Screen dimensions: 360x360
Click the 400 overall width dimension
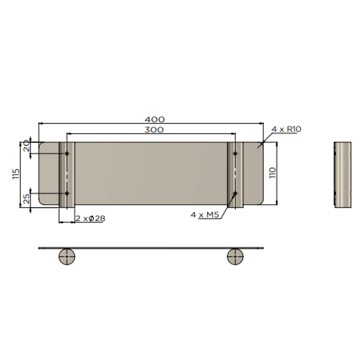click(x=154, y=119)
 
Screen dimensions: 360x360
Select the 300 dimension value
click(x=154, y=130)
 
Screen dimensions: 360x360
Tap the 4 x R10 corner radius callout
click(x=286, y=129)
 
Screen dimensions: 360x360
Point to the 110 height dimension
click(x=273, y=173)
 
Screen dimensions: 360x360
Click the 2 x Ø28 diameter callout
click(x=90, y=219)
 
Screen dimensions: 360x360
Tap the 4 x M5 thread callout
click(x=205, y=215)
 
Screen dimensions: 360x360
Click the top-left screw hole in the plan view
click(x=67, y=153)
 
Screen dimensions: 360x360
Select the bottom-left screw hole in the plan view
click(x=67, y=193)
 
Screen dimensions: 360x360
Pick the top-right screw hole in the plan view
click(x=235, y=153)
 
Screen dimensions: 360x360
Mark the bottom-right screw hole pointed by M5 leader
click(x=235, y=193)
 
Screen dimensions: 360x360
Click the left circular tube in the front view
click(x=67, y=257)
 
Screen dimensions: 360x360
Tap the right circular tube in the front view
click(x=235, y=257)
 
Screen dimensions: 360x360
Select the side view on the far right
click(x=342, y=175)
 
